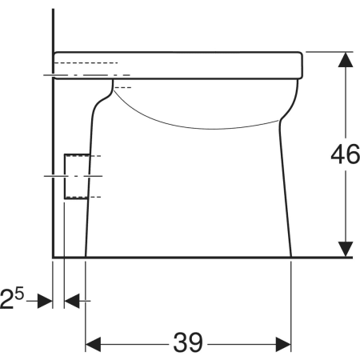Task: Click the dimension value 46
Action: coord(345,154)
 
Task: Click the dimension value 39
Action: coord(188,342)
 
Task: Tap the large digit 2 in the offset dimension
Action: coord(6,299)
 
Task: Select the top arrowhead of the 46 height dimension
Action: coord(346,59)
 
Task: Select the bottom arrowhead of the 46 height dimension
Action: coord(346,250)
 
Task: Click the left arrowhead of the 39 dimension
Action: coord(93,344)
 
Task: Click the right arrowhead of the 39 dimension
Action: coord(283,344)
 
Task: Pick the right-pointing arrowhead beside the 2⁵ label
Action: coord(45,301)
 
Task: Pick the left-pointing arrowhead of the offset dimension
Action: coord(72,301)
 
